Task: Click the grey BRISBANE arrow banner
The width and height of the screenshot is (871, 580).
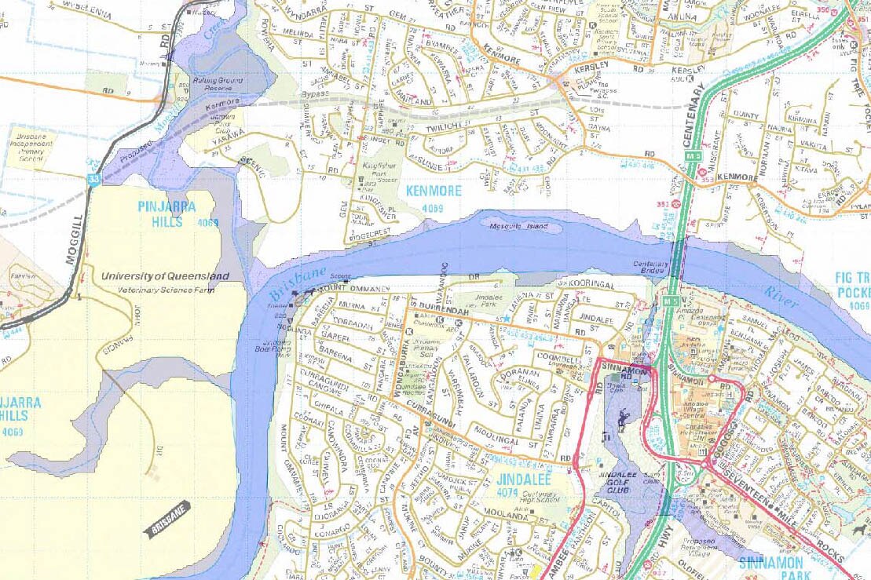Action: (167, 519)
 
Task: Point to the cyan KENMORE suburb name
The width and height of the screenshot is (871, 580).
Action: (434, 191)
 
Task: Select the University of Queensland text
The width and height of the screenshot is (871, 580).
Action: (165, 276)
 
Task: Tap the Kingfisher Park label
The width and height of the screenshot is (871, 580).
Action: (382, 168)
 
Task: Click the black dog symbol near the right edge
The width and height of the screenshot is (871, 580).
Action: (862, 531)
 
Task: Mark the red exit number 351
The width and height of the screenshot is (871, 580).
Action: (663, 205)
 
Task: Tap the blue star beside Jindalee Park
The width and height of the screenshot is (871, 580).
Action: (507, 318)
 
